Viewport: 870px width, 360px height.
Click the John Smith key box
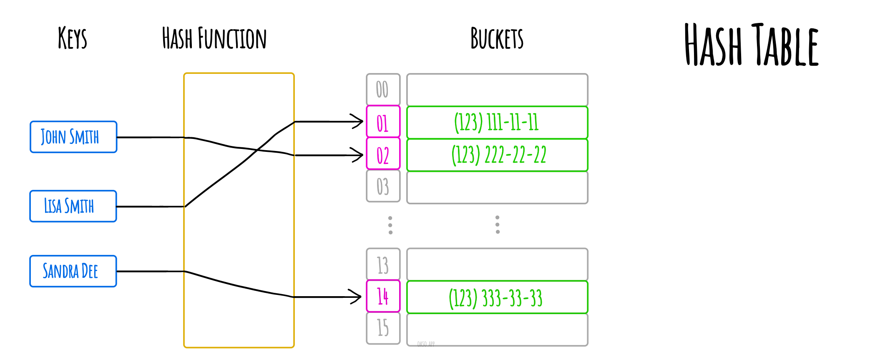tap(73, 137)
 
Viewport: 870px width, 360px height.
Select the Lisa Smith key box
tap(73, 206)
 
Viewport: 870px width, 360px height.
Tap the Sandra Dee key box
tap(73, 271)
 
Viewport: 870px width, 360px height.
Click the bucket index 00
tap(383, 89)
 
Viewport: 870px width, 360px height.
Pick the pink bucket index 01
tap(383, 122)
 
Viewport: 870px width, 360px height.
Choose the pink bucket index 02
tap(383, 154)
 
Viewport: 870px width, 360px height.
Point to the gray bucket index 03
tap(383, 186)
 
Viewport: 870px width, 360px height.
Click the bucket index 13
tap(383, 264)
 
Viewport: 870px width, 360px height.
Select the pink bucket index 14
tap(383, 296)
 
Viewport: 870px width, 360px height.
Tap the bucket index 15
tap(383, 328)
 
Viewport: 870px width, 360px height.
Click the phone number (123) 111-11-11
tap(497, 122)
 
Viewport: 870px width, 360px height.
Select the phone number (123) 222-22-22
tap(498, 155)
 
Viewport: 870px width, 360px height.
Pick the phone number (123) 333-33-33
tap(495, 297)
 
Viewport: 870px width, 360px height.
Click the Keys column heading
tap(73, 38)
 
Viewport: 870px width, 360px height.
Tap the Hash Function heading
tap(214, 38)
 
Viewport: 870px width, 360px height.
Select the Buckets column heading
tap(497, 38)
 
